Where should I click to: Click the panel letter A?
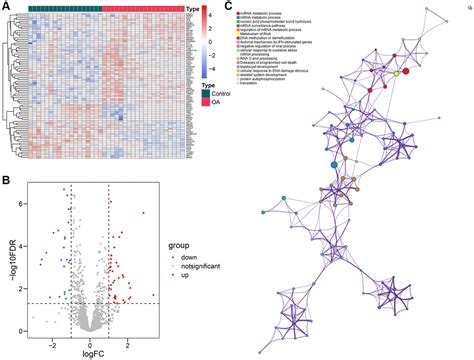(x=6, y=6)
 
